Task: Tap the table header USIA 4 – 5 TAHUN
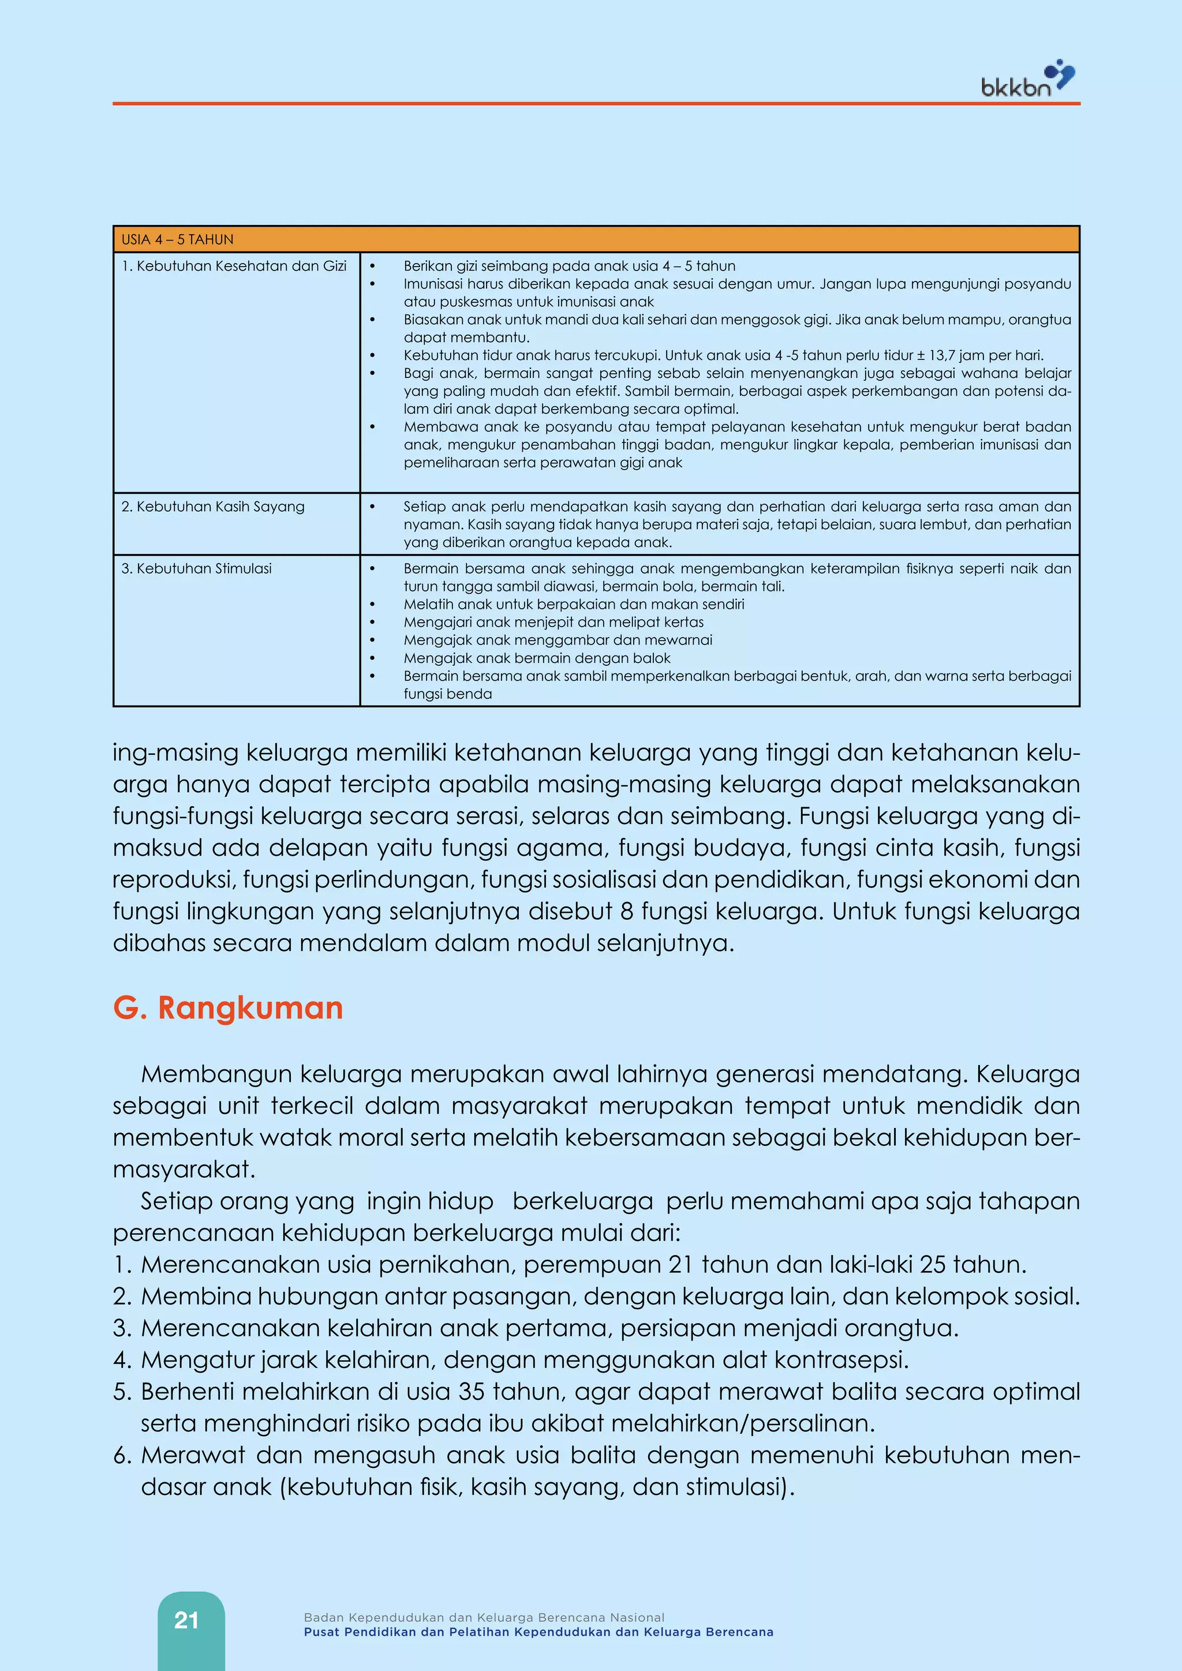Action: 178,239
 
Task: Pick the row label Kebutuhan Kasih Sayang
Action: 212,507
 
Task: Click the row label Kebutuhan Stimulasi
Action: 196,568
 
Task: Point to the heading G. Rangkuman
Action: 228,1008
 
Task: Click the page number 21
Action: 186,1620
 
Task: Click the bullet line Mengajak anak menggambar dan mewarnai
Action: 558,640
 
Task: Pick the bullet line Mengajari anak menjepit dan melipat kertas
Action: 553,622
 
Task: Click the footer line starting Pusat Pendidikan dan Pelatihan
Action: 538,1632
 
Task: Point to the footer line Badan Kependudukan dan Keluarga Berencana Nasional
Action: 484,1617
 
